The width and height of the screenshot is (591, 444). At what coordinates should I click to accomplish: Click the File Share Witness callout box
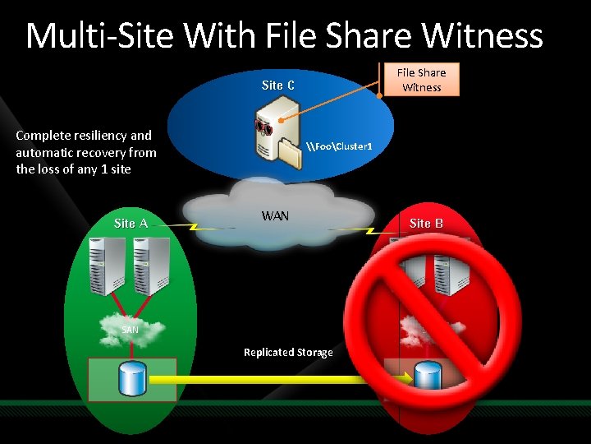(422, 80)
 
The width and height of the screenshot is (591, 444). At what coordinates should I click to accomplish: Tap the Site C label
(278, 86)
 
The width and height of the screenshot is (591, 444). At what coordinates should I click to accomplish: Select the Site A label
(131, 224)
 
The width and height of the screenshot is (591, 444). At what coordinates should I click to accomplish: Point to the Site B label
(426, 224)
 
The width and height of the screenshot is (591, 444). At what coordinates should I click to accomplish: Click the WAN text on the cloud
(275, 216)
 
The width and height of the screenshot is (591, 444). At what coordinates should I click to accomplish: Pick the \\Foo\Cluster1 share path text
(339, 146)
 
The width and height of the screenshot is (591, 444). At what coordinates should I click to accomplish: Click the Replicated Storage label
(288, 352)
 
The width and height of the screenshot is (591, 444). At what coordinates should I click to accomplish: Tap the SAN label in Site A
(130, 330)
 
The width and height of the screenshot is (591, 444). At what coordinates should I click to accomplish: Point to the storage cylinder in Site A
(132, 379)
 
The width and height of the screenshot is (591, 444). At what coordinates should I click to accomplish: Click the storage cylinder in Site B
(427, 376)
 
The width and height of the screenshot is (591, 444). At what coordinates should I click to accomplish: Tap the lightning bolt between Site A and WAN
(196, 225)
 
